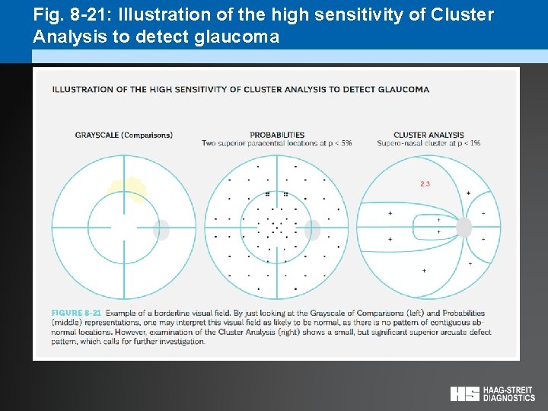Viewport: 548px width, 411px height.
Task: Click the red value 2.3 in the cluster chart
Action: pos(425,183)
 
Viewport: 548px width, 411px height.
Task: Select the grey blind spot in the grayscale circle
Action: pos(161,229)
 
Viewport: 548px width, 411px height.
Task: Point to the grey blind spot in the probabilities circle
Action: pos(312,229)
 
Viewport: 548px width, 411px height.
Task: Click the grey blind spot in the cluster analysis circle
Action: pos(464,227)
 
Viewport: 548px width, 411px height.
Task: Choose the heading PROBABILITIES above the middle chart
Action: pos(277,135)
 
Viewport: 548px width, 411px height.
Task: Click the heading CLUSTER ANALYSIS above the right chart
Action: pos(429,135)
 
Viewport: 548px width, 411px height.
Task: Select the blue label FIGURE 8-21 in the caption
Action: pos(76,313)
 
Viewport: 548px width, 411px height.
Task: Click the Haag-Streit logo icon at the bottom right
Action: pos(464,393)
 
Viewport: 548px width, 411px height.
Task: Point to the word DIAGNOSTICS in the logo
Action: pos(509,397)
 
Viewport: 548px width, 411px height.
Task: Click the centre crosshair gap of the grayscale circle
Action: pos(123,228)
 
